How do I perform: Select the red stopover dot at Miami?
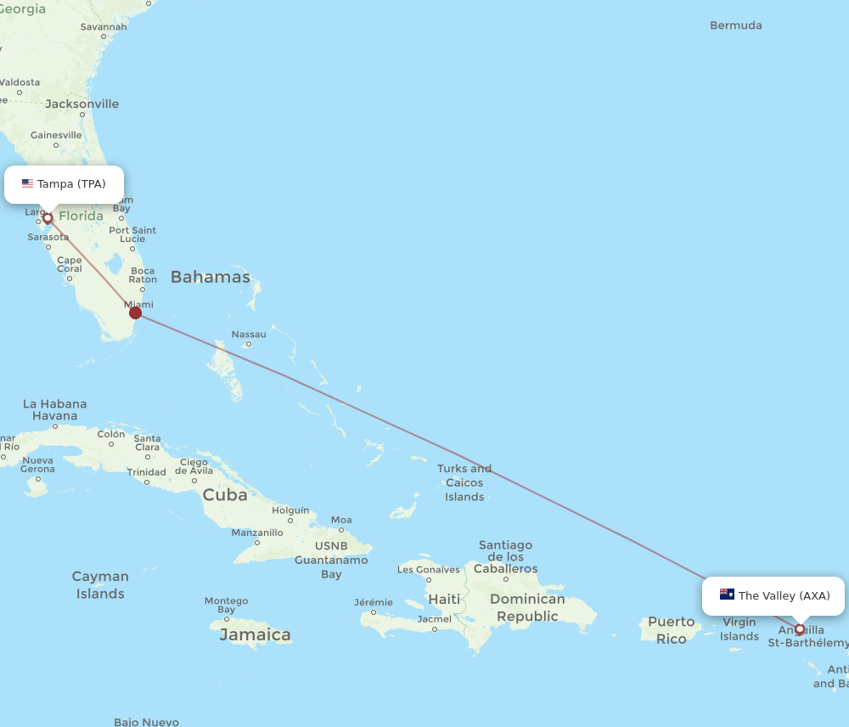click(x=135, y=313)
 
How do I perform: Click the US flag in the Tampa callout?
click(x=28, y=183)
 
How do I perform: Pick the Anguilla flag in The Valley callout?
click(x=727, y=595)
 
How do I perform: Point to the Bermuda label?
click(x=736, y=25)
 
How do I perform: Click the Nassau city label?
click(x=249, y=335)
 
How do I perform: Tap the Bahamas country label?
click(x=211, y=277)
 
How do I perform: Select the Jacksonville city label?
click(x=82, y=104)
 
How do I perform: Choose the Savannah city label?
click(x=104, y=26)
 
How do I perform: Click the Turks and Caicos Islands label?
click(x=464, y=482)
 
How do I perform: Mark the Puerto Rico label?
click(x=672, y=630)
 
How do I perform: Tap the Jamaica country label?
click(x=255, y=634)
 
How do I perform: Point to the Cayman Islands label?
click(x=100, y=585)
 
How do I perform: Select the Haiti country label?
click(x=444, y=599)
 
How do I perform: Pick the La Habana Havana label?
click(x=54, y=410)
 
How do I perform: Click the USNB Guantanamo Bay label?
click(x=331, y=560)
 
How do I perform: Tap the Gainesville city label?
click(x=56, y=135)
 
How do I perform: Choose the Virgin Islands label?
click(x=739, y=629)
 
